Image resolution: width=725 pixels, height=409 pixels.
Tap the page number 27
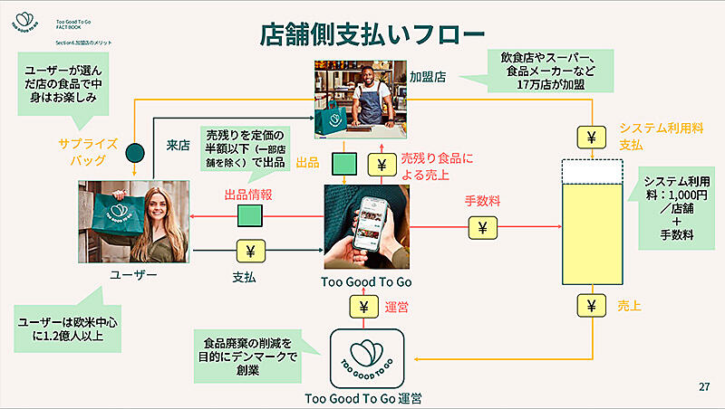(x=703, y=387)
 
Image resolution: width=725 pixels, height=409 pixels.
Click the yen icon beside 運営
(x=363, y=307)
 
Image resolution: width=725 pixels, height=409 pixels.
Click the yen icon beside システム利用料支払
(x=590, y=138)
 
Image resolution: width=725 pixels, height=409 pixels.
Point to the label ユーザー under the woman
(x=133, y=274)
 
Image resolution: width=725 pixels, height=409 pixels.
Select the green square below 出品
(x=343, y=164)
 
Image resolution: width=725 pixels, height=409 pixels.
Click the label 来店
(x=178, y=144)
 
